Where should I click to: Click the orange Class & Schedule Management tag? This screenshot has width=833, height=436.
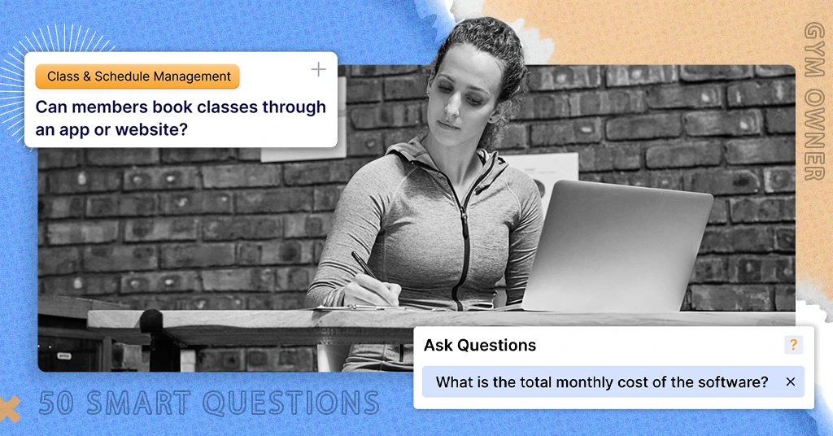click(137, 76)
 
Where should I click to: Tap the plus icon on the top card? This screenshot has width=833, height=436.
click(318, 70)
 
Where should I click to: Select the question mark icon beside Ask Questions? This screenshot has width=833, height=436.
click(793, 345)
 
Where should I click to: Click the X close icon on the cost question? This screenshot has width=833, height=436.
click(790, 381)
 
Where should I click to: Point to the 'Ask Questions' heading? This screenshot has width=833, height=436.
click(480, 345)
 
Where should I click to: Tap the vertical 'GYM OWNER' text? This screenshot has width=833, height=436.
click(813, 101)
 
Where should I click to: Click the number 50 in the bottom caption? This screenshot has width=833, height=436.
click(57, 403)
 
